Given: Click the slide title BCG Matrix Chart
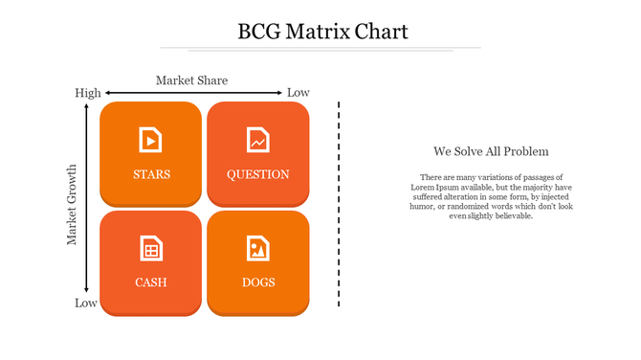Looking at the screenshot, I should [x=322, y=32].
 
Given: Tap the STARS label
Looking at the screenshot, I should [x=151, y=174].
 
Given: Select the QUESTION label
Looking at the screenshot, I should [x=257, y=174].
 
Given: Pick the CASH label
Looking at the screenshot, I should [x=151, y=282].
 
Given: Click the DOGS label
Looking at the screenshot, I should [x=257, y=282].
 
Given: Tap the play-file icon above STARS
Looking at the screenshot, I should [x=150, y=140].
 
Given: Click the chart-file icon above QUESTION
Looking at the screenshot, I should [x=257, y=140].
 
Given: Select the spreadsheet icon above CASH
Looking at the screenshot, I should [x=150, y=248].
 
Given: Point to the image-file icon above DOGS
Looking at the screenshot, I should [x=257, y=248].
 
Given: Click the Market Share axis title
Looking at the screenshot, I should [x=191, y=80].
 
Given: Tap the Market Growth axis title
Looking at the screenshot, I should [x=72, y=205].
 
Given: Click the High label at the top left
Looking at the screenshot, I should [x=87, y=93].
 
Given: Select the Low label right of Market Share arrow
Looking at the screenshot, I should [x=298, y=93].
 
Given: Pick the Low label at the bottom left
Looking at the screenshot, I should [x=86, y=304].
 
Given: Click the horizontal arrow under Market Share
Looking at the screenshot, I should [x=191, y=93].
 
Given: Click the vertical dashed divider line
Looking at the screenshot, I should [x=339, y=203].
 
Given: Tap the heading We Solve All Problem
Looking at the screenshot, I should [x=490, y=151].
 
